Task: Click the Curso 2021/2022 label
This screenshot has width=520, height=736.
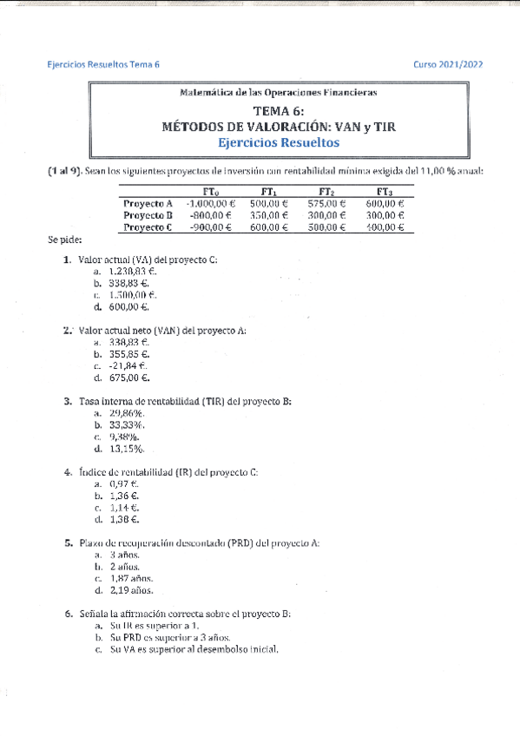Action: click(448, 64)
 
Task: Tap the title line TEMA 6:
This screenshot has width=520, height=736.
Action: click(279, 111)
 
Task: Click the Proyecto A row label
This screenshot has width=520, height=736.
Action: click(148, 203)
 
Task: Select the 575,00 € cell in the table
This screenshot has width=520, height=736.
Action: click(327, 203)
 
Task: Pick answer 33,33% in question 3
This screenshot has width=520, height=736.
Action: click(128, 425)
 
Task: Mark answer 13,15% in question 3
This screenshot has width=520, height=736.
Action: click(128, 449)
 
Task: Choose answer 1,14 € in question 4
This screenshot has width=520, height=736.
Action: click(126, 508)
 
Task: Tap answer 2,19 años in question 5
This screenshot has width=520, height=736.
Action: click(132, 590)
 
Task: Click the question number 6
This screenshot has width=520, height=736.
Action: click(68, 614)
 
